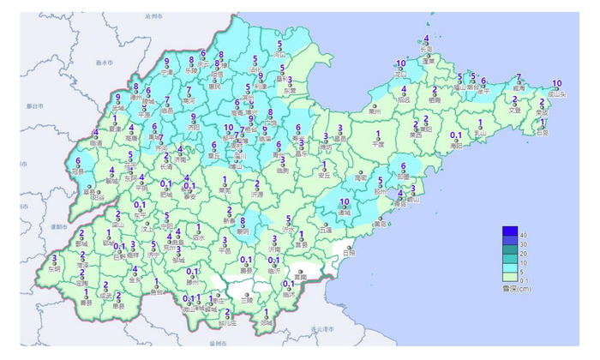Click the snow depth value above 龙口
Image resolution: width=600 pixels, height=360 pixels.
pyautogui.click(x=401, y=64)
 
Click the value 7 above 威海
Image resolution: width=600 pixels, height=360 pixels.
pyautogui.click(x=519, y=77)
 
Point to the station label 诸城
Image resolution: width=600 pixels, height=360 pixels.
pyautogui.click(x=345, y=212)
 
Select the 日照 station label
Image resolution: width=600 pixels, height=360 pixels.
pyautogui.click(x=348, y=253)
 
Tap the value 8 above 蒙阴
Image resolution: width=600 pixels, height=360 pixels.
pyautogui.click(x=243, y=220)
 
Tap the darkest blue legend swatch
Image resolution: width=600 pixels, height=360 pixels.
pyautogui.click(x=511, y=231)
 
